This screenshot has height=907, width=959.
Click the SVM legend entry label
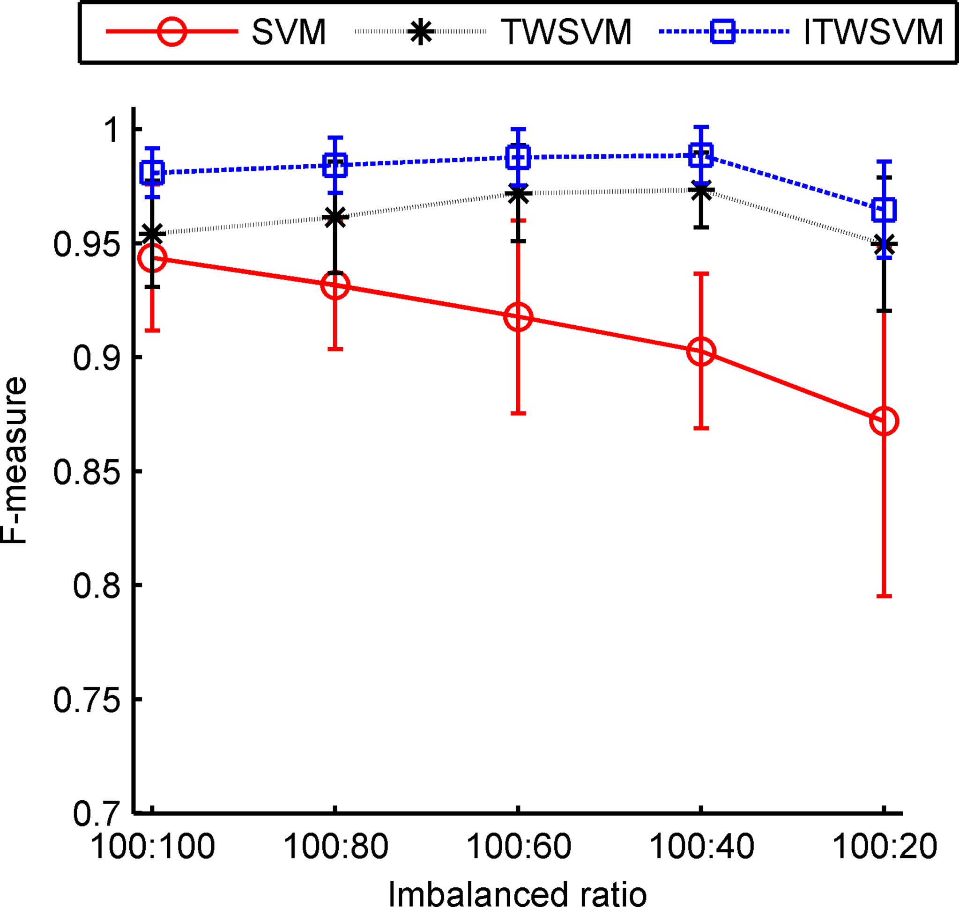pyautogui.click(x=289, y=32)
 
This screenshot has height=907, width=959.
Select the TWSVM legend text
pyautogui.click(x=566, y=32)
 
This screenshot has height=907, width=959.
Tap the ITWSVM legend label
pyautogui.click(x=873, y=32)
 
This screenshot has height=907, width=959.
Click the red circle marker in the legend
pyautogui.click(x=172, y=31)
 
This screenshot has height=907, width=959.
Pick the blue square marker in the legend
pyautogui.click(x=723, y=31)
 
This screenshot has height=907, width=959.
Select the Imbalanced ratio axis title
pyautogui.click(x=517, y=893)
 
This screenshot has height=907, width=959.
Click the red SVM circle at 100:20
pyautogui.click(x=884, y=421)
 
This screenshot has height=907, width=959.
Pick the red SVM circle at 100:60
pyautogui.click(x=518, y=318)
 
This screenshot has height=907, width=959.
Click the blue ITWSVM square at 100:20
pyautogui.click(x=884, y=210)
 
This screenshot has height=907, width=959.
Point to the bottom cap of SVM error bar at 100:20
pyautogui.click(x=884, y=597)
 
